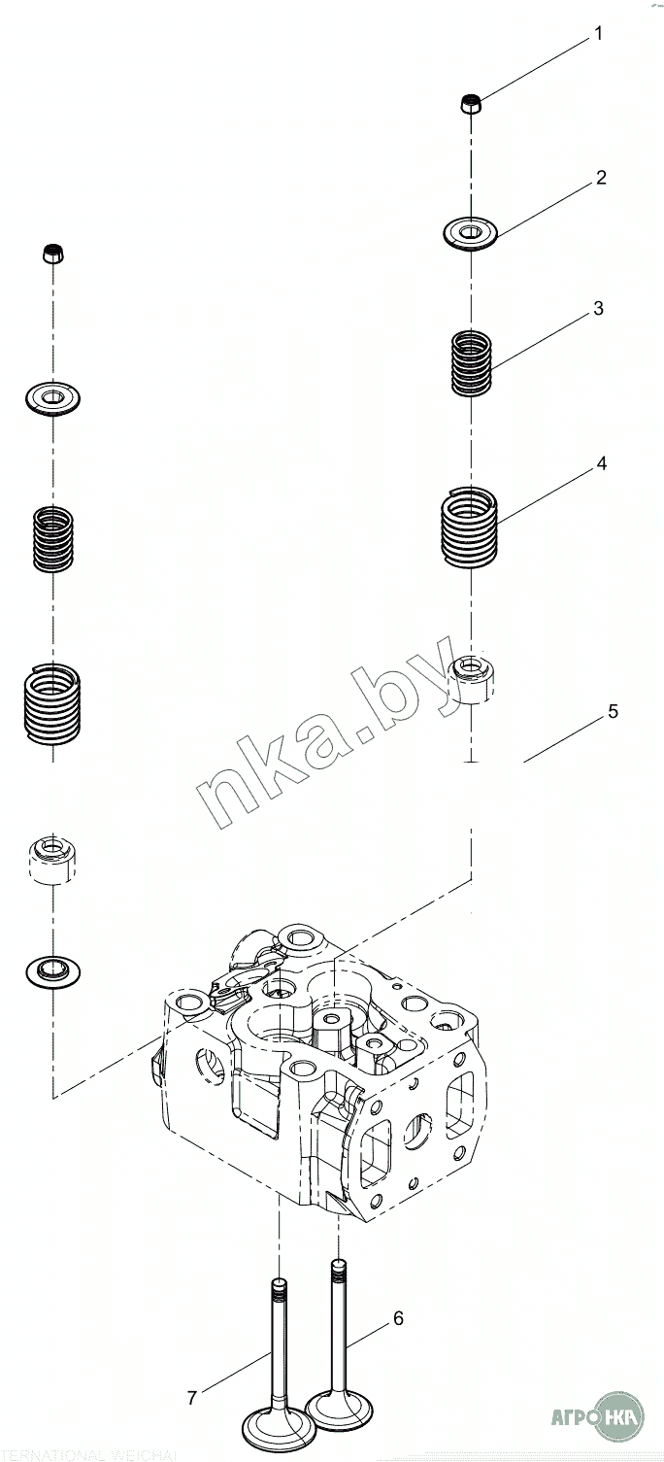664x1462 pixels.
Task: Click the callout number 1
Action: [x=598, y=34]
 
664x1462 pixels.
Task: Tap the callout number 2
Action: [x=601, y=178]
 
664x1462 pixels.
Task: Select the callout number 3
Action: [x=598, y=309]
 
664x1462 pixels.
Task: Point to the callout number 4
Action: [x=601, y=464]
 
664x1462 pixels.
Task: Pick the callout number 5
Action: [x=613, y=711]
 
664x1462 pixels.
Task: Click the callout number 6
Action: [x=398, y=1318]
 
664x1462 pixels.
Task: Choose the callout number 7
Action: [x=192, y=1398]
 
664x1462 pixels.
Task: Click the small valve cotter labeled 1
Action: [x=471, y=103]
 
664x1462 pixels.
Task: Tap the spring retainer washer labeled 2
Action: [x=471, y=233]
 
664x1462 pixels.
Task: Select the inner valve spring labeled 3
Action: [x=472, y=363]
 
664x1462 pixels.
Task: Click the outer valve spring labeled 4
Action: [x=470, y=526]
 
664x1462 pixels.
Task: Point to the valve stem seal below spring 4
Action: [x=472, y=678]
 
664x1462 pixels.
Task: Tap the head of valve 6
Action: [x=338, y=1404]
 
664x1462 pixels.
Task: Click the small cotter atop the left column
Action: [x=53, y=254]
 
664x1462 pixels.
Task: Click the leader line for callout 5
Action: [x=563, y=741]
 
